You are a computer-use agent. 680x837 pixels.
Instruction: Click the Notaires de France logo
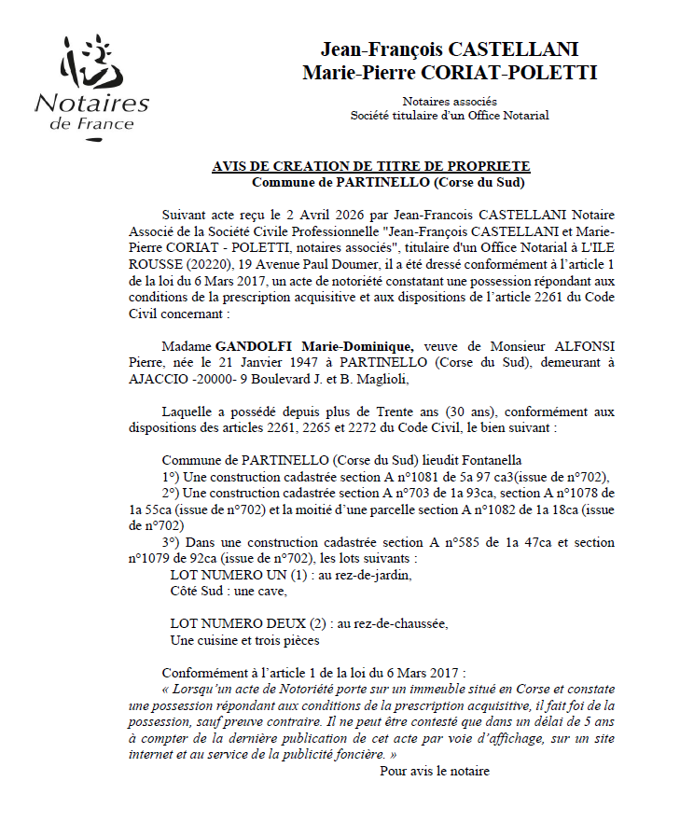tap(91, 88)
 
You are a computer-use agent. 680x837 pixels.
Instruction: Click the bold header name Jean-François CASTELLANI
tap(450, 49)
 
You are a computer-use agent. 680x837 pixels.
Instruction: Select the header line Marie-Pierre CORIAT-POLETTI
tap(450, 73)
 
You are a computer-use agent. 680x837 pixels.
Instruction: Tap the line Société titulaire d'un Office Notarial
tap(450, 115)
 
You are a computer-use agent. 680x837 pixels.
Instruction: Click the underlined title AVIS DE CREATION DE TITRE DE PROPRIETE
tap(371, 166)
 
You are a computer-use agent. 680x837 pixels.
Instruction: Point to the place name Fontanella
tap(489, 460)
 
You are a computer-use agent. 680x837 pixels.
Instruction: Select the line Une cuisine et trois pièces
tap(244, 640)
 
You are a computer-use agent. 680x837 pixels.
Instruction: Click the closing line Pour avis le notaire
tap(435, 771)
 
